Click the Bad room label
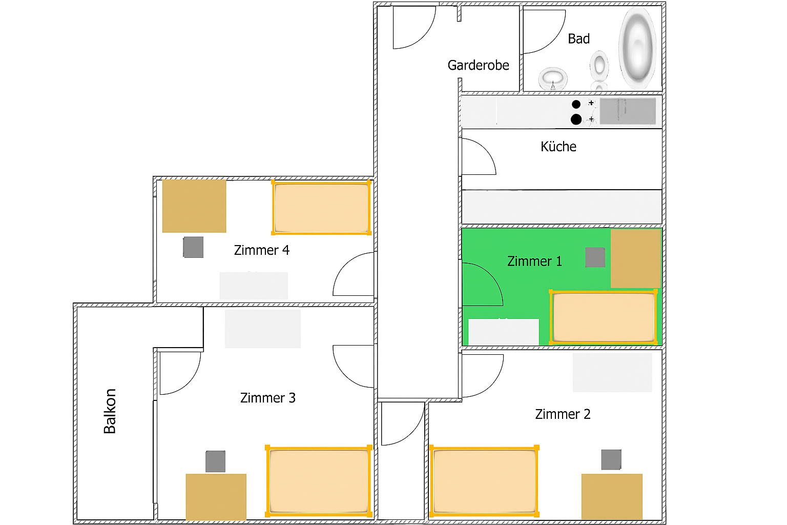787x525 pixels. point(578,38)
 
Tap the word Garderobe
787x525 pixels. point(478,65)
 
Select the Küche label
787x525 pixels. point(558,146)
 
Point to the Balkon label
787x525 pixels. point(110,411)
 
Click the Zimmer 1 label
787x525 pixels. point(534,261)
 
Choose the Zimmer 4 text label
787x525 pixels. point(262,250)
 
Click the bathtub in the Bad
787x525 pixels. point(637,48)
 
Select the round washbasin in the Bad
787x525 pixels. point(553,78)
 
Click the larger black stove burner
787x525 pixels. point(576,119)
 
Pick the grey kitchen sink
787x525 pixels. point(628,111)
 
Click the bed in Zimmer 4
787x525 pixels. point(321,208)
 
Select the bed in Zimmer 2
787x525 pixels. point(484,481)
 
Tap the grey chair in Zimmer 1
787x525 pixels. point(595,257)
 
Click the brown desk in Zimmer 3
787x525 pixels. point(216,496)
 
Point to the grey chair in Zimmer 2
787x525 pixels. point(611,459)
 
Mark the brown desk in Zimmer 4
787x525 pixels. point(194,206)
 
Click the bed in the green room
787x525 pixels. point(603,317)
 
